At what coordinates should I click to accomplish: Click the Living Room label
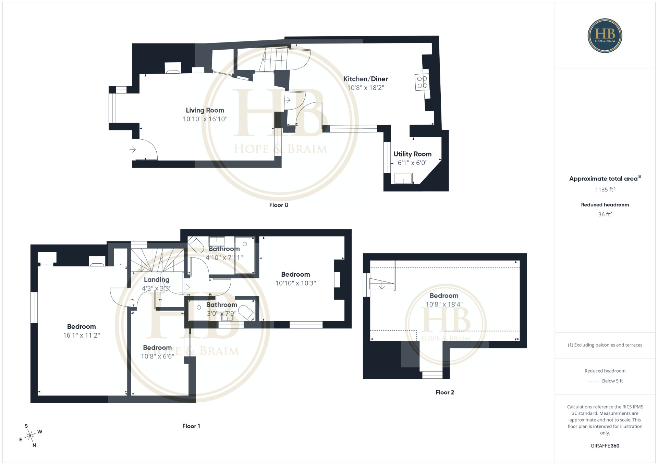pos(205,110)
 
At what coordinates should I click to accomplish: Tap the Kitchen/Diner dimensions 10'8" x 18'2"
pos(366,88)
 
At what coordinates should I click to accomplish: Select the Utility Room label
pos(412,154)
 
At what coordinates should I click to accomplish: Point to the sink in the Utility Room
pos(403,178)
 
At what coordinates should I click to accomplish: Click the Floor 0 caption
pos(279,205)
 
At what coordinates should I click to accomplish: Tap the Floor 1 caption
pos(191,426)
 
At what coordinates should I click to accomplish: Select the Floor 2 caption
pos(445,392)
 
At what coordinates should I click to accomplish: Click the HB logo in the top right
pos(605,36)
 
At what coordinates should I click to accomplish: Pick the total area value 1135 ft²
pos(605,189)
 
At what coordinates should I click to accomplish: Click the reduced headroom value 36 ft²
pos(605,214)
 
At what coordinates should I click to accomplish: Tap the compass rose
pos(31,436)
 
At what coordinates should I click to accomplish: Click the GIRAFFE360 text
pos(605,446)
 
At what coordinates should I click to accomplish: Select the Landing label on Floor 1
pos(157,280)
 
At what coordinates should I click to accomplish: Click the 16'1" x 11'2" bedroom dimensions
pos(82,335)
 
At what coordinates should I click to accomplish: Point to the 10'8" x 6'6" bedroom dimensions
pos(158,356)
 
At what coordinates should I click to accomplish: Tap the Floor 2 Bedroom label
pos(444,296)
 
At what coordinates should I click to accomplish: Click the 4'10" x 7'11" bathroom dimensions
pos(224,257)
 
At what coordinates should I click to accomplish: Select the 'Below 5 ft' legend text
pos(612,381)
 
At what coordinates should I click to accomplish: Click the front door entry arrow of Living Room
pos(133,150)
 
